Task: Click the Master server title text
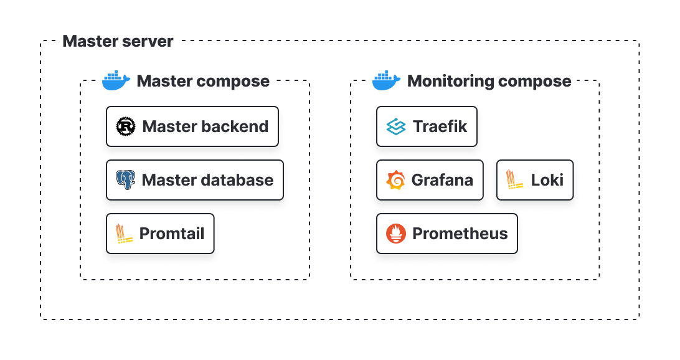coord(118,42)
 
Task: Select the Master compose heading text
coord(203,81)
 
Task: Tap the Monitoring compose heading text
coord(489,81)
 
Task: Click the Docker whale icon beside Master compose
coord(116,81)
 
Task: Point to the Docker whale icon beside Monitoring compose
coord(386,81)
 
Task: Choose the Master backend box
coord(192,126)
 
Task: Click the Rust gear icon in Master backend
coord(126,126)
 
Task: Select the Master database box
coord(194,180)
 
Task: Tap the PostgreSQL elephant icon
coord(126,180)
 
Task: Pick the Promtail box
coord(160,234)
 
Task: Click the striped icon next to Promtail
coord(125,234)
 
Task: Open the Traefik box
coord(427,126)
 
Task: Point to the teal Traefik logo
coord(396,127)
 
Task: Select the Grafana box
coord(430,180)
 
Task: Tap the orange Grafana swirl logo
coord(396,181)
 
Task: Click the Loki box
coord(534,180)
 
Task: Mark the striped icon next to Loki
coord(515,180)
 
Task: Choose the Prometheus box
coord(446,234)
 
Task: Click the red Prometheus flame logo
coord(396,234)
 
